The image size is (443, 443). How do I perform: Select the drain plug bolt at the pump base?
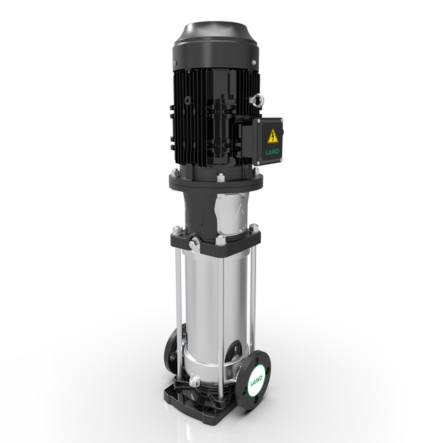(195, 380)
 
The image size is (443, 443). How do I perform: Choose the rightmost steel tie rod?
(253, 305)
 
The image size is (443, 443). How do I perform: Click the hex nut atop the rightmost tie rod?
(253, 228)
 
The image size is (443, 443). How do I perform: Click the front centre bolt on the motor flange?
(220, 178)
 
